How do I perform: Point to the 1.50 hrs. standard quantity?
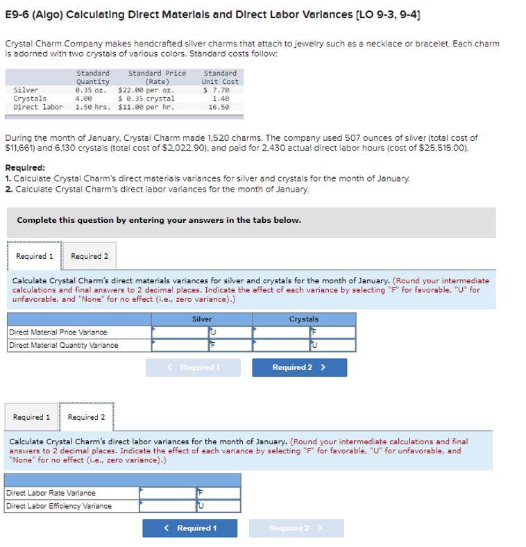pyautogui.click(x=93, y=107)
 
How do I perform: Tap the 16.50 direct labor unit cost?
pyautogui.click(x=219, y=107)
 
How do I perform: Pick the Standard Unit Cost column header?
pyautogui.click(x=220, y=77)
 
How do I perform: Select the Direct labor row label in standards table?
pyautogui.click(x=37, y=107)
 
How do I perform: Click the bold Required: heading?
pyautogui.click(x=25, y=168)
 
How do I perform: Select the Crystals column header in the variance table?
pyautogui.click(x=304, y=319)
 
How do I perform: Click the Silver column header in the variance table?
pyautogui.click(x=202, y=319)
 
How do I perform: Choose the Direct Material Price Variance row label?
pyautogui.click(x=58, y=333)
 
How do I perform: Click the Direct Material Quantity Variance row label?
pyautogui.click(x=63, y=345)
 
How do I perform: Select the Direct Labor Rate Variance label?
pyautogui.click(x=51, y=493)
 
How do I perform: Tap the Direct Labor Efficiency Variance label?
pyautogui.click(x=58, y=506)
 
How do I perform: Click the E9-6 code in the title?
pyautogui.click(x=18, y=15)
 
